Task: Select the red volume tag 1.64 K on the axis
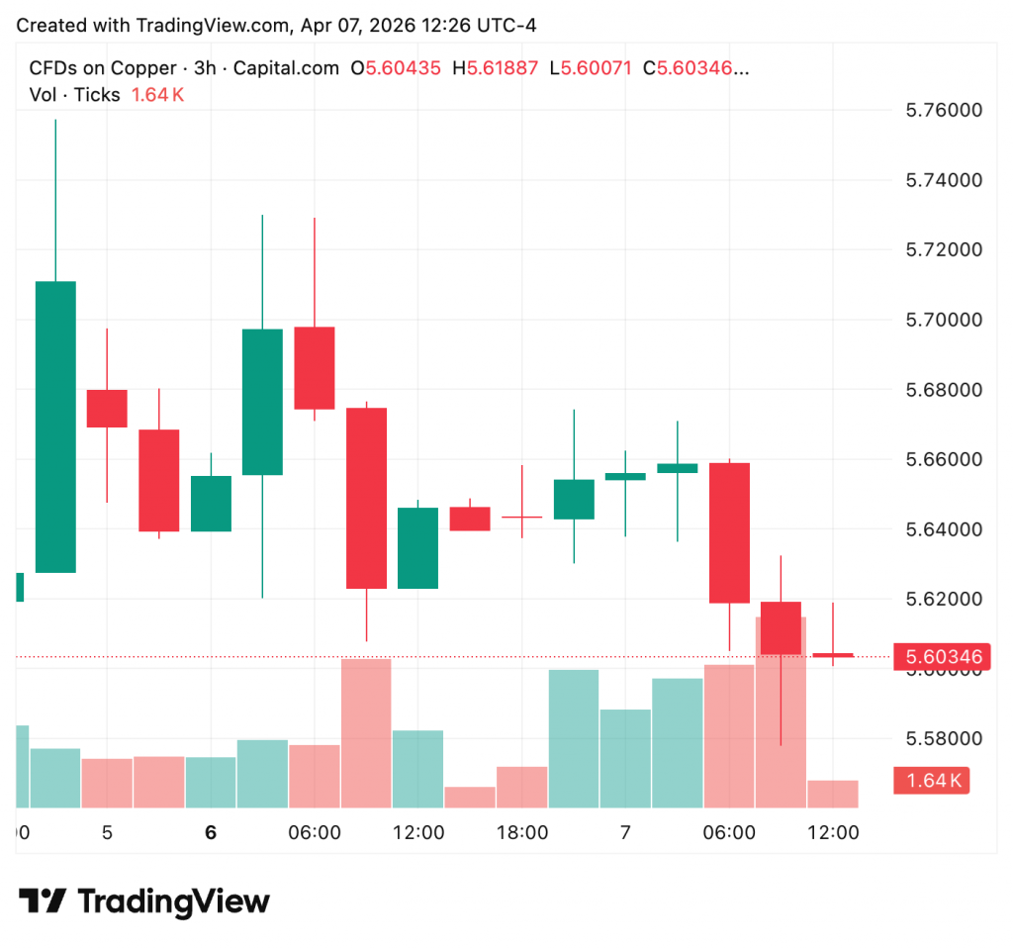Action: click(931, 780)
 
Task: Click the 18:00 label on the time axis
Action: click(522, 833)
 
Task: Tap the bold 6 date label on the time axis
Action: click(211, 833)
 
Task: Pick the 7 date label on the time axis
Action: click(625, 833)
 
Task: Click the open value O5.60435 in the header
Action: click(397, 68)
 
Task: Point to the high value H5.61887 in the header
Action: click(496, 68)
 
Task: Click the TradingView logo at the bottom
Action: click(144, 902)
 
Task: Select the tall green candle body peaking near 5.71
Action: click(55, 427)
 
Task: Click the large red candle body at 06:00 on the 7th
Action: click(729, 532)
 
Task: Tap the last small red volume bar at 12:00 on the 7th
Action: click(832, 794)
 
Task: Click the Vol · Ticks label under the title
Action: click(75, 95)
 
